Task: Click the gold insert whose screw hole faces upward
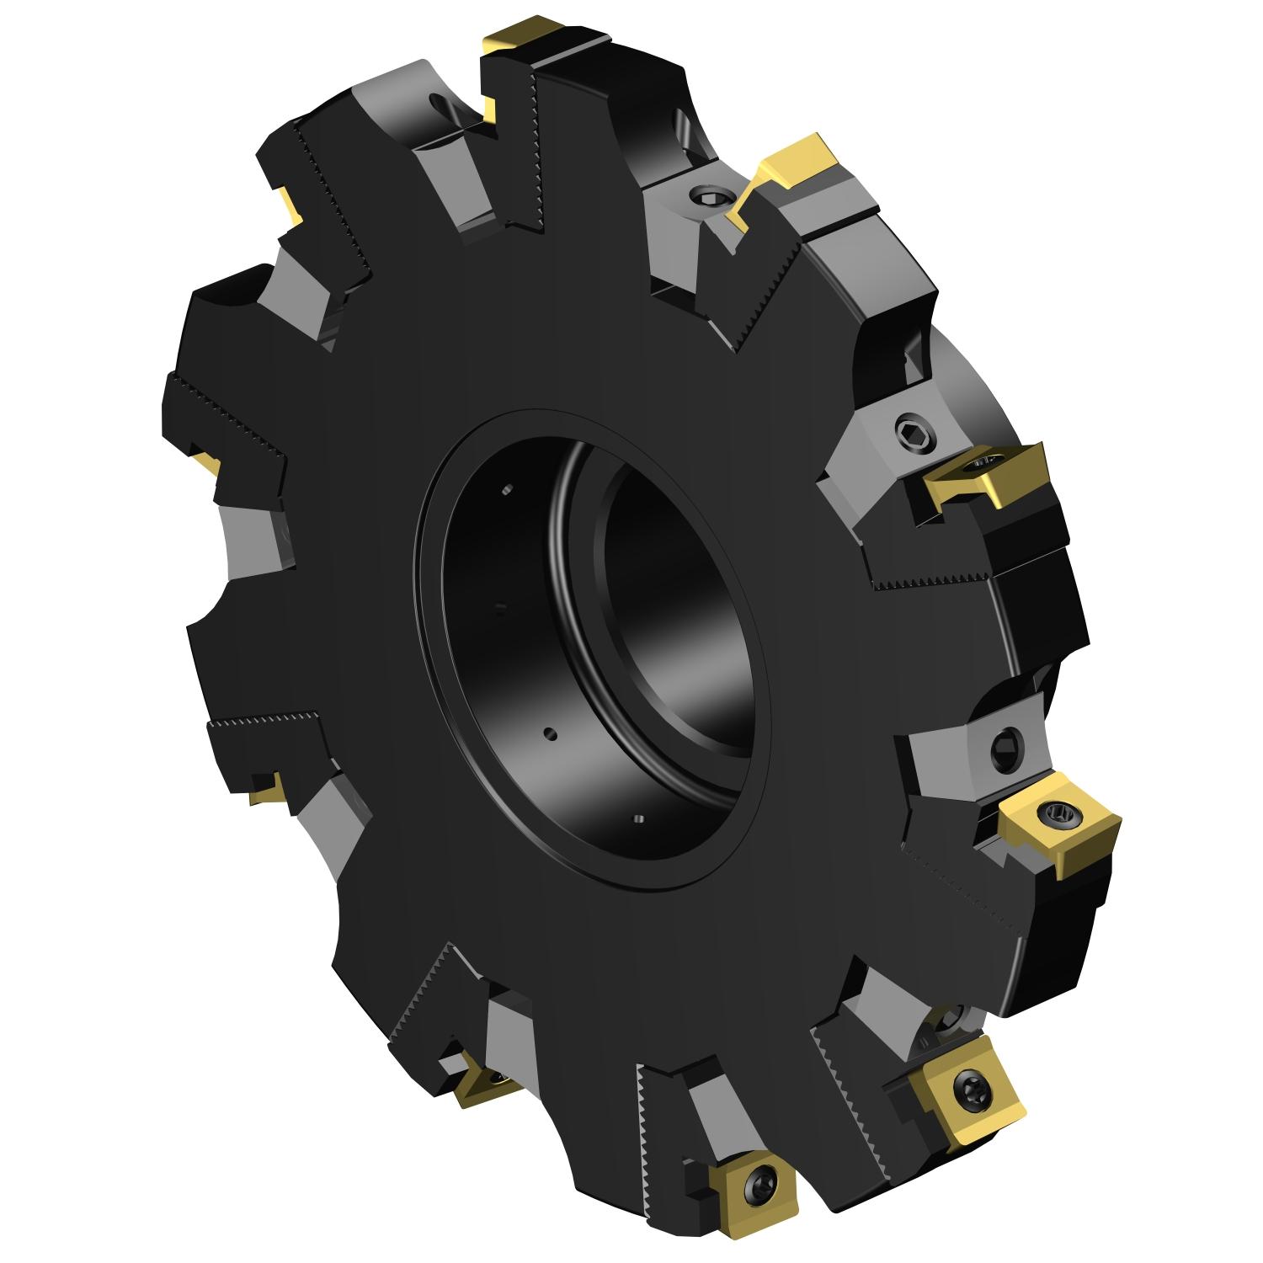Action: pyautogui.click(x=985, y=476)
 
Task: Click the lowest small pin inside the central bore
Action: pyautogui.click(x=637, y=817)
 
